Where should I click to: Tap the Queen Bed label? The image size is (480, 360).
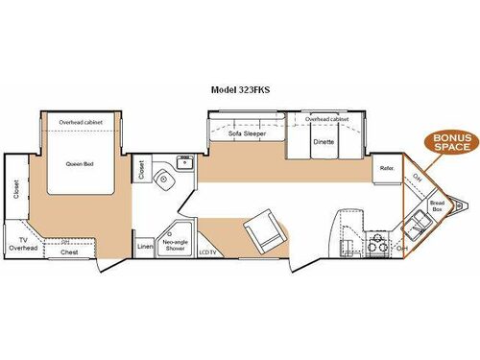coord(79,163)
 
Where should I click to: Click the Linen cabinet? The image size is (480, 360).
coord(144,247)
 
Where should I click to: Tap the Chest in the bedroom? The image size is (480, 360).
coord(69,252)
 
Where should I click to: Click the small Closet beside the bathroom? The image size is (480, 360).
coord(142,170)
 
